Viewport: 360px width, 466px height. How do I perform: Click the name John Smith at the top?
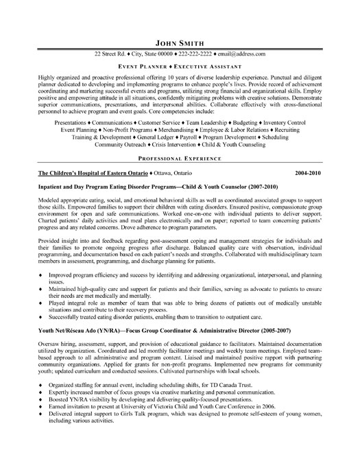coord(180,41)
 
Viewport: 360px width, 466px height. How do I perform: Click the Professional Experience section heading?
coord(180,156)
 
